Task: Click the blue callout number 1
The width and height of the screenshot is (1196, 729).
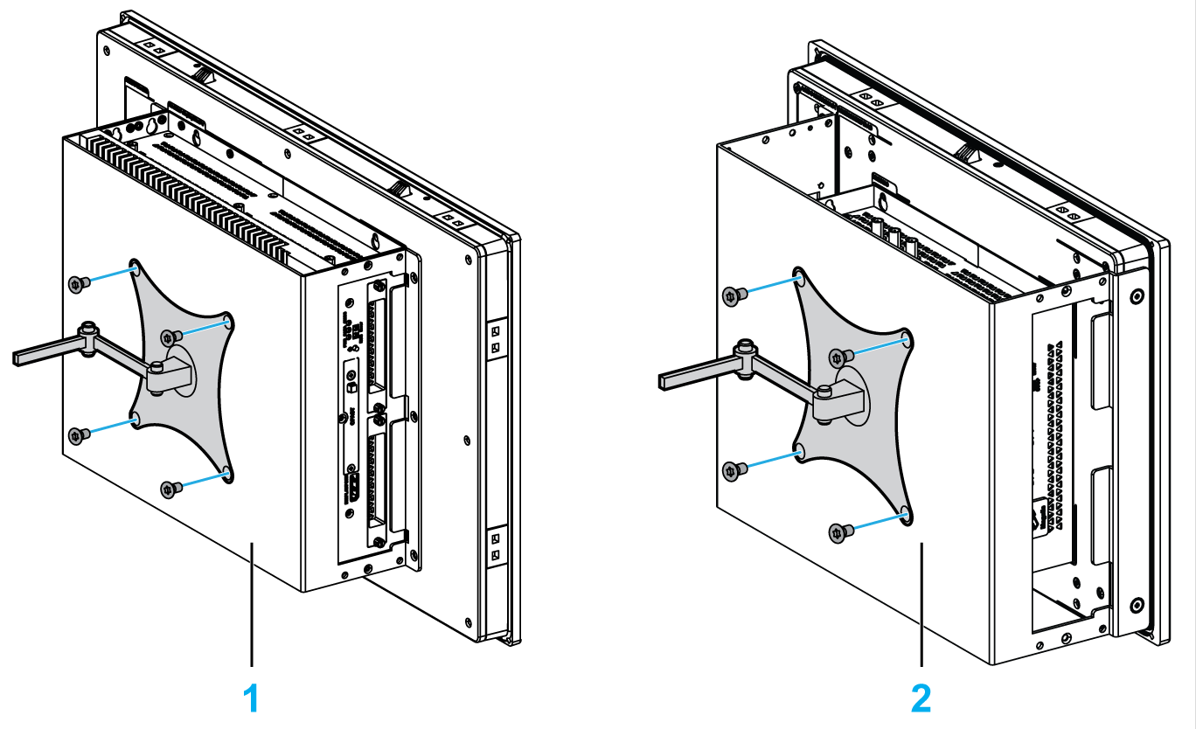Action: [x=251, y=699]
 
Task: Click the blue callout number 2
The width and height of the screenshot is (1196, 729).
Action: [x=921, y=699]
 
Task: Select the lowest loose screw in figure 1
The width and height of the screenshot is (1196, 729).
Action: [x=170, y=487]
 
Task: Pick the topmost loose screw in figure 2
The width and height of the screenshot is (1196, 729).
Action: [x=733, y=295]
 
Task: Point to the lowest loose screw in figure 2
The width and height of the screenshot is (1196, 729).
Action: [x=838, y=531]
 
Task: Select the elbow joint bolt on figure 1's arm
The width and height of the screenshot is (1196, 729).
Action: [x=87, y=330]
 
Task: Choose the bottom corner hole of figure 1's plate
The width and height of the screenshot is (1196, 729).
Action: [x=226, y=473]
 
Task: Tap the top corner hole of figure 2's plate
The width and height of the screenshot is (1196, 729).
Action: [x=799, y=277]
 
